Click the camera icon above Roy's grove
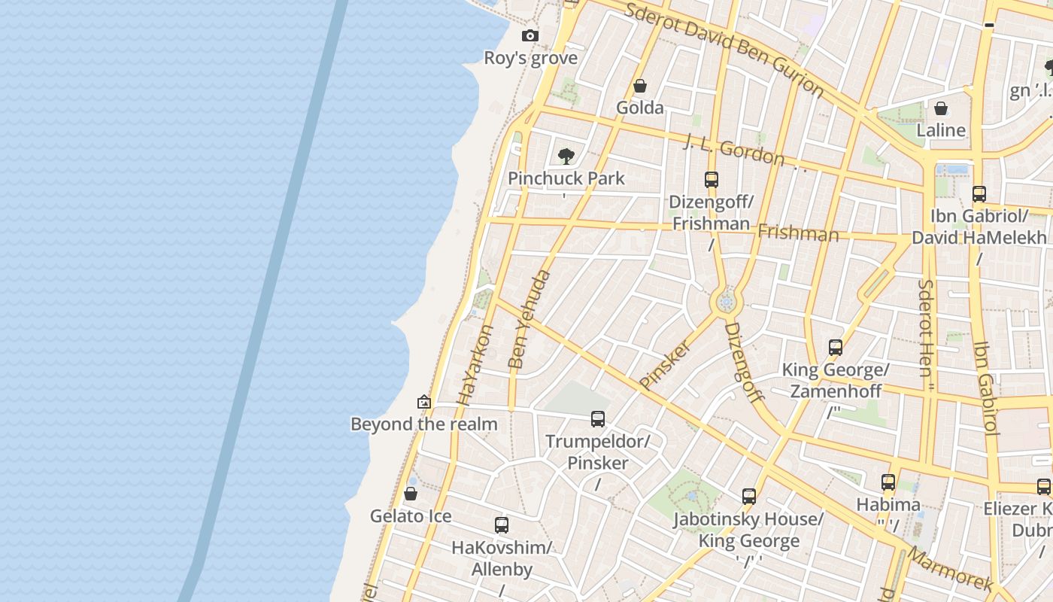530,35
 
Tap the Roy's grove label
530,58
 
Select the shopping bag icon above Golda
640,86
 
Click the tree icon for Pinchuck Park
566,157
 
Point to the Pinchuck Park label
566,178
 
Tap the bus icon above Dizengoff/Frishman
712,180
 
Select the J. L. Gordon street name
734,150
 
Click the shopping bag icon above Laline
941,108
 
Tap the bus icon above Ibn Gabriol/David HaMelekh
979,194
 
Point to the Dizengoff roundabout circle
726,303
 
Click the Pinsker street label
665,365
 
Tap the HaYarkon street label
475,366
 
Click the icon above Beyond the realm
424,402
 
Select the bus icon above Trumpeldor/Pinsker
598,419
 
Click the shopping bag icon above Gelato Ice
411,494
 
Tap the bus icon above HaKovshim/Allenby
502,525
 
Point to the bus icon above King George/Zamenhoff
836,348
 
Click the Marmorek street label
951,569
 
